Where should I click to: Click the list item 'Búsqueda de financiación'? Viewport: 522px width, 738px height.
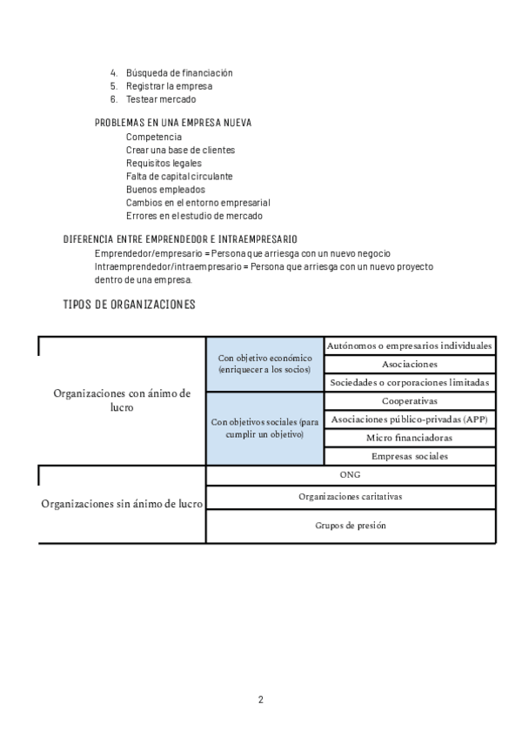pos(178,73)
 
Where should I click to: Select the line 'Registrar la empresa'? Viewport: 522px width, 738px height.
pos(169,86)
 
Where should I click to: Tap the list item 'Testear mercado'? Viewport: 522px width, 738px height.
pos(160,99)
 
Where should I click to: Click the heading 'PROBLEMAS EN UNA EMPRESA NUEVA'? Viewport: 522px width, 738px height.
pos(173,124)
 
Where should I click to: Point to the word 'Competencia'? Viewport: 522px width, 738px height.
pos(154,137)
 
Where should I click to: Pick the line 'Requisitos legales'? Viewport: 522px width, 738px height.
pos(164,163)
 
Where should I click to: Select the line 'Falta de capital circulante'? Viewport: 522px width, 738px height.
pos(179,176)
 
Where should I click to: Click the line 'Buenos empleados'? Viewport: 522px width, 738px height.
pos(165,189)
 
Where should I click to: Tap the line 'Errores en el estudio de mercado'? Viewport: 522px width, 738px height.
pos(194,215)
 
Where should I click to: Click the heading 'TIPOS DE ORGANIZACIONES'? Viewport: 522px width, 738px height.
pos(130,305)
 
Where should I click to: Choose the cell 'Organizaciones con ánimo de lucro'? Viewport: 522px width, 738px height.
pos(122,400)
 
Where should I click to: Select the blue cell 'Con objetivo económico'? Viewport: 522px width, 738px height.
pos(264,364)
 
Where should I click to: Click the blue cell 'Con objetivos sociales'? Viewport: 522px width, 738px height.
pos(264,427)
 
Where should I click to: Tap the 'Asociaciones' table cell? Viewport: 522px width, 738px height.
pos(410,364)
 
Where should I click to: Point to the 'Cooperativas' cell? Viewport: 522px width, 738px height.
pos(410,401)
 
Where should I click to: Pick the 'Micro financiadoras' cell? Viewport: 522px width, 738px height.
pos(410,438)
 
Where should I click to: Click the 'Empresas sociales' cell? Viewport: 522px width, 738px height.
pos(410,456)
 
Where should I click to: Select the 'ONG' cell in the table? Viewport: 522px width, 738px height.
pos(351,475)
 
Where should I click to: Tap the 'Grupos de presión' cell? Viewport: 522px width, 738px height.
pos(351,526)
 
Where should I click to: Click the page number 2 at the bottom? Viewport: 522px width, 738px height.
pos(260,699)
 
